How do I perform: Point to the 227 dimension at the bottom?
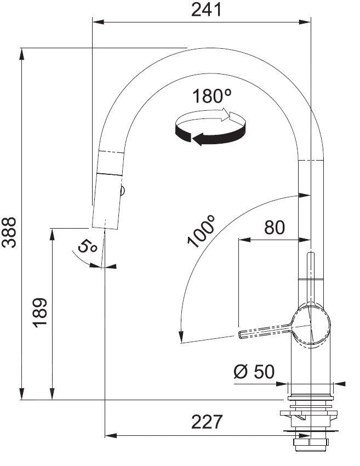[207, 422]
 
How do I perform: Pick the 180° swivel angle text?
[212, 96]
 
